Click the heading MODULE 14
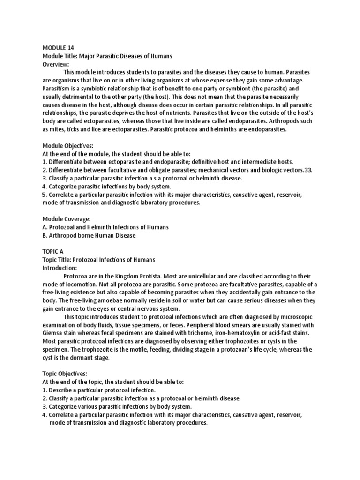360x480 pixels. pos(58,48)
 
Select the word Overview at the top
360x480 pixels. pos(55,64)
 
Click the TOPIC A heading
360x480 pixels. pos(52,252)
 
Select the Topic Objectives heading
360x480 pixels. pos(65,374)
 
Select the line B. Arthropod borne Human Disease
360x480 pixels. pos(89,235)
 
